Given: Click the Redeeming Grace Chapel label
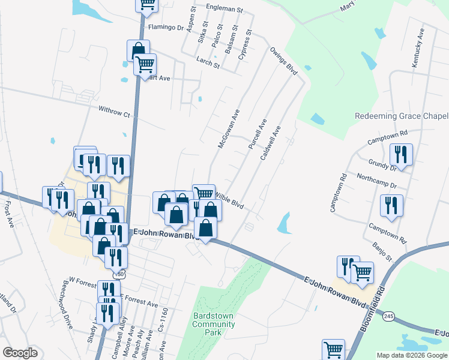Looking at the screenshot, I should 402,116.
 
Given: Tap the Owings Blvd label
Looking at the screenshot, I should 284,61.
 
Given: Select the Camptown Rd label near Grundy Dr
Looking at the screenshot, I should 387,139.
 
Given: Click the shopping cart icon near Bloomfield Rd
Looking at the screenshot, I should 363,273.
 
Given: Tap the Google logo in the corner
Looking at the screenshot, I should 20,353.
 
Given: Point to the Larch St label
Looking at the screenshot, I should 208,62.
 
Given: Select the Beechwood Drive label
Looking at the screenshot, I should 65,303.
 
